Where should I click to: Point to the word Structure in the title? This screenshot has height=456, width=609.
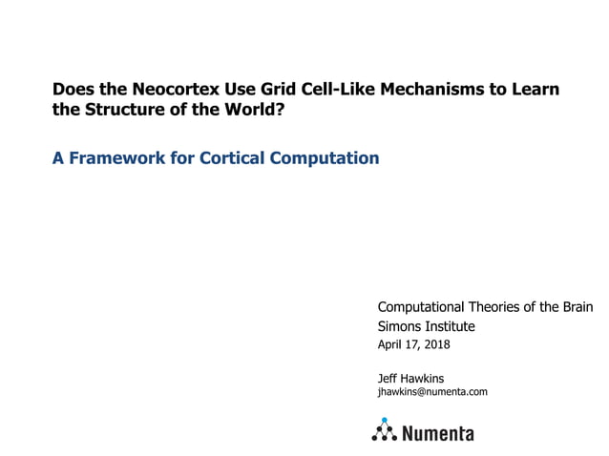click(121, 110)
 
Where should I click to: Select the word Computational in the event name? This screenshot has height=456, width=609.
click(420, 306)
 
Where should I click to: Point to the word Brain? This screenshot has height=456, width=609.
click(576, 306)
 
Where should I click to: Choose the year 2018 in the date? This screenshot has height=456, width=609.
click(435, 344)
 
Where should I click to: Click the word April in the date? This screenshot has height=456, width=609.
click(391, 344)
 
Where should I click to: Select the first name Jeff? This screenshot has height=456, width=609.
click(389, 378)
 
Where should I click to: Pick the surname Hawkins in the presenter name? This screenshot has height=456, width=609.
click(425, 378)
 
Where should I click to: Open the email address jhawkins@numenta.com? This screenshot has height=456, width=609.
click(432, 391)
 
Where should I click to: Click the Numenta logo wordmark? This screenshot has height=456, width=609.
click(438, 433)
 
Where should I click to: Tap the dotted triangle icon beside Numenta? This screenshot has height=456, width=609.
click(385, 430)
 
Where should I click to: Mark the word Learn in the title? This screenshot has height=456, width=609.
click(536, 90)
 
